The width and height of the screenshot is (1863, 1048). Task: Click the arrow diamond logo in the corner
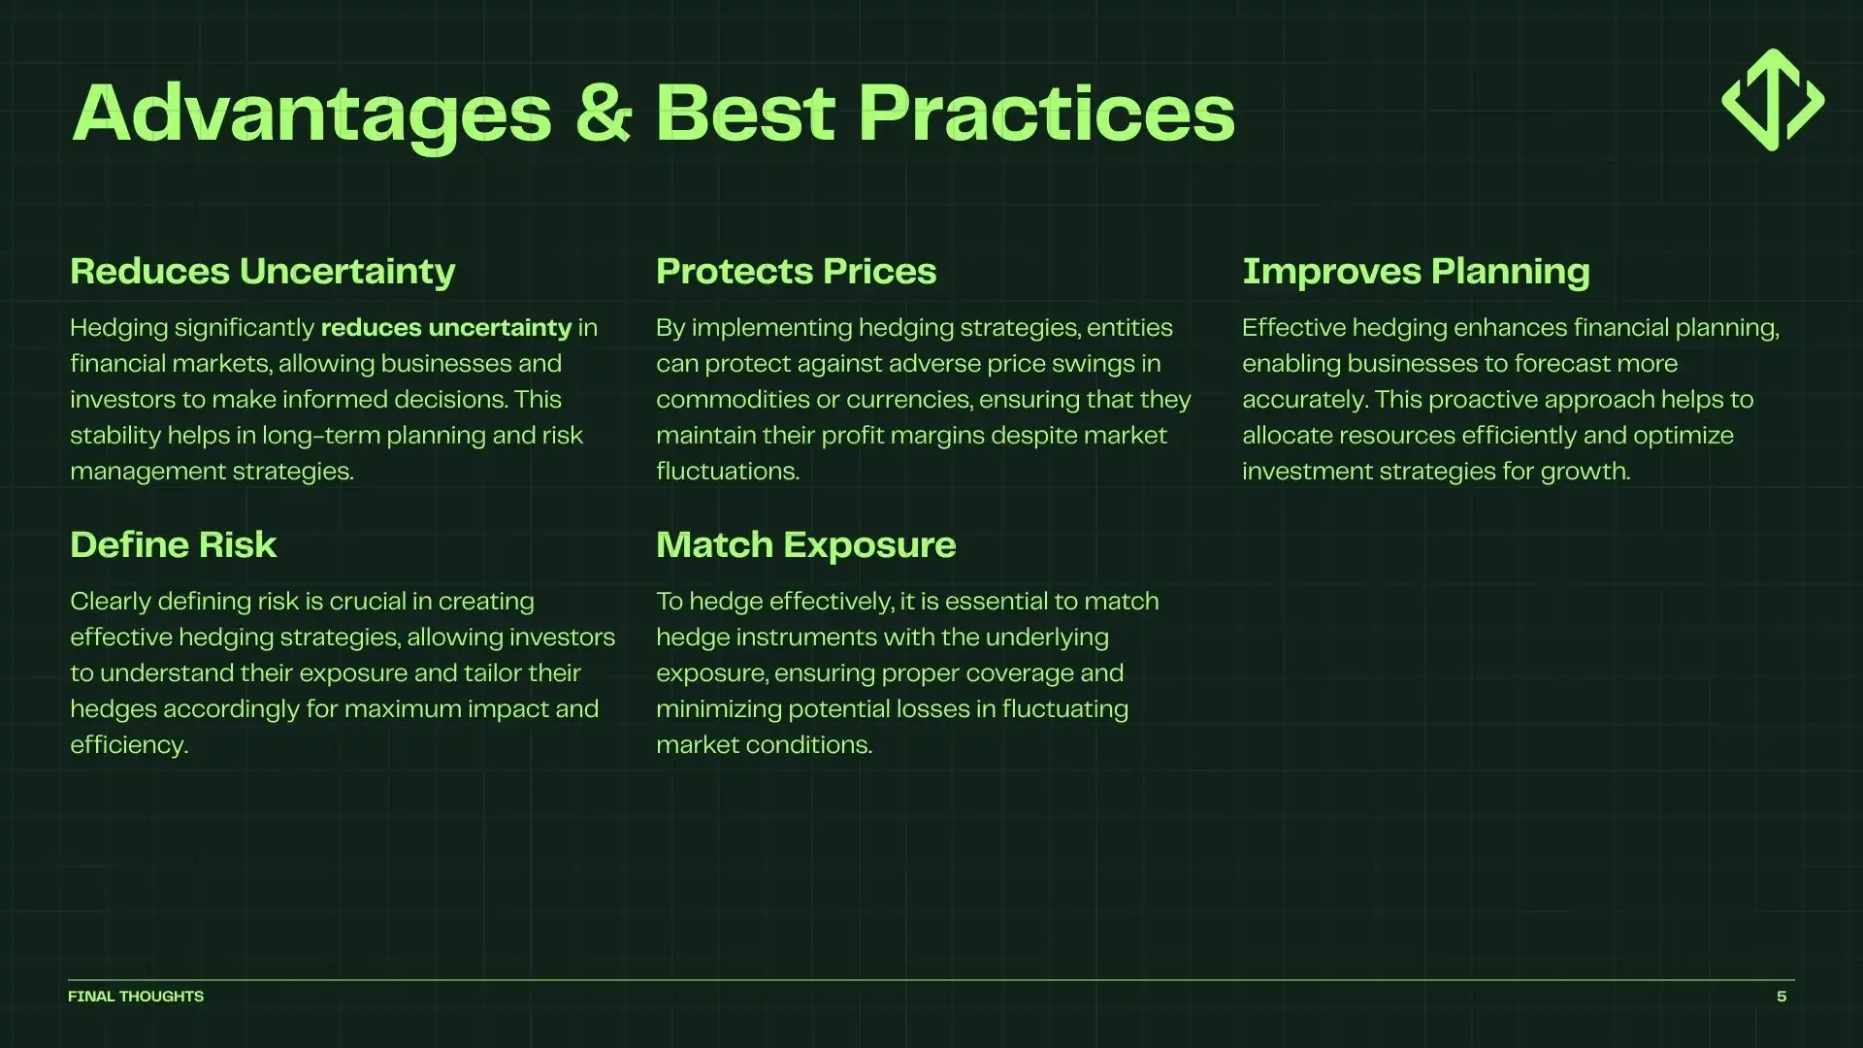click(x=1773, y=100)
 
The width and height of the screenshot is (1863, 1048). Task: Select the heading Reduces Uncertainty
click(x=262, y=272)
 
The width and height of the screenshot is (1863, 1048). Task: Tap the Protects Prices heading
click(x=796, y=272)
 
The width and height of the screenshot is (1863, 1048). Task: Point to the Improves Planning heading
click(x=1416, y=272)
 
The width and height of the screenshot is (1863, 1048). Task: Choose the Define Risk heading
click(x=173, y=545)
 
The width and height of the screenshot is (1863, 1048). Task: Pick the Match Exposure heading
click(x=805, y=545)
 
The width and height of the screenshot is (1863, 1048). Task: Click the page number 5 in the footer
click(x=1781, y=997)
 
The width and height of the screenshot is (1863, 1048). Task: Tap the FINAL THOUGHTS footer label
click(x=136, y=997)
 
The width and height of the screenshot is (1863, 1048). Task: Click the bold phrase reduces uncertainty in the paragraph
click(x=445, y=328)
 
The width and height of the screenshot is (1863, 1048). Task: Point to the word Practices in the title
click(x=1046, y=114)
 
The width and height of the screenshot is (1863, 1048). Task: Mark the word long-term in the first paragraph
click(x=320, y=436)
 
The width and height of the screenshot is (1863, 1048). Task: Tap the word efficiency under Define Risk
click(x=127, y=745)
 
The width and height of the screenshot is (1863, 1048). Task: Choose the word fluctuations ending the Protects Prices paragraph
click(x=726, y=472)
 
